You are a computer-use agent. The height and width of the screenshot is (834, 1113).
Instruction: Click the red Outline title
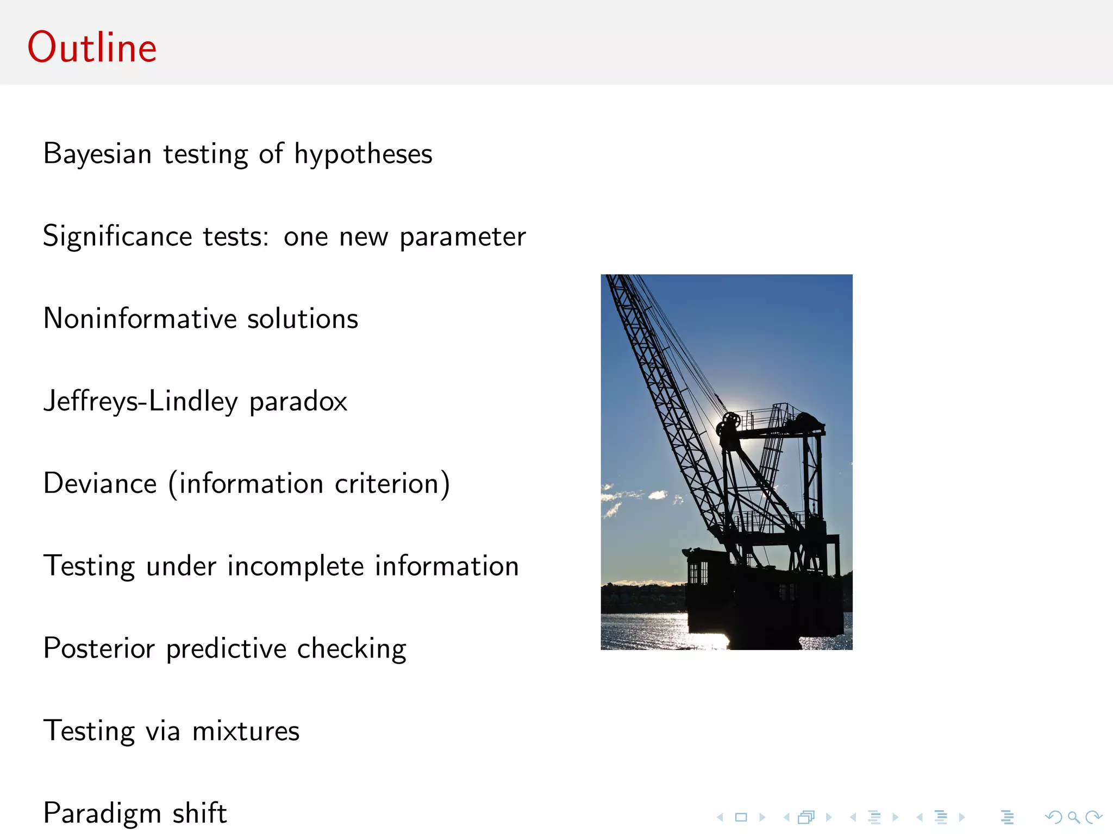(92, 48)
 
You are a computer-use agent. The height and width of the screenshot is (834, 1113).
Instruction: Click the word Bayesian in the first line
(97, 154)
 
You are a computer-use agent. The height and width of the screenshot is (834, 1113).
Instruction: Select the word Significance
(117, 237)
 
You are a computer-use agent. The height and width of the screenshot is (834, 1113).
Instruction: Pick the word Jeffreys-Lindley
(141, 402)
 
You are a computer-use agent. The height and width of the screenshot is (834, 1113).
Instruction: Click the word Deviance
(100, 484)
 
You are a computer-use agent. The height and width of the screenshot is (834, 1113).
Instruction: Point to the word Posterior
(99, 648)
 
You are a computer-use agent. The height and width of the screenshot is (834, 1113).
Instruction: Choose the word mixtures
(246, 731)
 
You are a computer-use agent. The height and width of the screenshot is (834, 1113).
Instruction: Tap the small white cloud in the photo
(658, 495)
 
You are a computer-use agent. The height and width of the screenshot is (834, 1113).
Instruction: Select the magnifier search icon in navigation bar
(1073, 817)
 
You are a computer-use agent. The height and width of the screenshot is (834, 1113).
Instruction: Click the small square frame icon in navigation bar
(741, 817)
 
